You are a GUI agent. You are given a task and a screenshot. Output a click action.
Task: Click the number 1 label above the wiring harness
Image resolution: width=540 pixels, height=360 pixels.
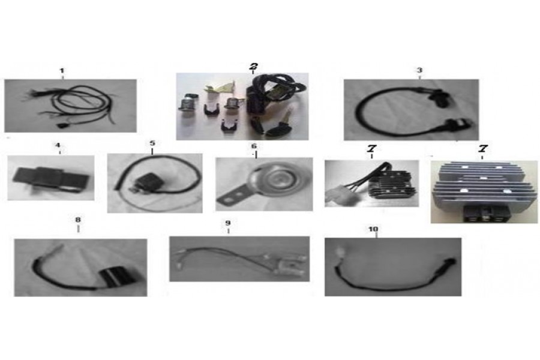pyautogui.click(x=62, y=71)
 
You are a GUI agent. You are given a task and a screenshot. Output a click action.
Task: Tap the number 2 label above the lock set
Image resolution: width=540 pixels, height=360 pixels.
pyautogui.click(x=254, y=66)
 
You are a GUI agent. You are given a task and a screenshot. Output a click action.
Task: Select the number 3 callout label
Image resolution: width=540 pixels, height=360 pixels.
pyautogui.click(x=419, y=70)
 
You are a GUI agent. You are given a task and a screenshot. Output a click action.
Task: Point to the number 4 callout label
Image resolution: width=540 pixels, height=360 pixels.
pyautogui.click(x=58, y=145)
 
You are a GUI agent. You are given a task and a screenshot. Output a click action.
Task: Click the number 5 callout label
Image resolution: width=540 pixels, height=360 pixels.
pyautogui.click(x=152, y=143)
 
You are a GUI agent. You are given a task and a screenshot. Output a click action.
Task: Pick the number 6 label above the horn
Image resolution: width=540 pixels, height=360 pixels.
pyautogui.click(x=254, y=146)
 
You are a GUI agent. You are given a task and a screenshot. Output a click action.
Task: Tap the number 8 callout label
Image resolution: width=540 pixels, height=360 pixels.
pyautogui.click(x=78, y=220)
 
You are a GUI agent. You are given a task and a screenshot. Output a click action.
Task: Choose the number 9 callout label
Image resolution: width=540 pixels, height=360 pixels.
pyautogui.click(x=228, y=223)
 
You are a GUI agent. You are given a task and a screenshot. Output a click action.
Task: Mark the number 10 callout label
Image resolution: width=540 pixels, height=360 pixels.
pyautogui.click(x=373, y=229)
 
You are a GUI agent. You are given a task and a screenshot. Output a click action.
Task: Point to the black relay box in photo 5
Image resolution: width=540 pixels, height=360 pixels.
pyautogui.click(x=146, y=182)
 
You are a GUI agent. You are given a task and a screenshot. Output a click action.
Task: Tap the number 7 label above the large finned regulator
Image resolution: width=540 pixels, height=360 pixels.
pyautogui.click(x=483, y=149)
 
